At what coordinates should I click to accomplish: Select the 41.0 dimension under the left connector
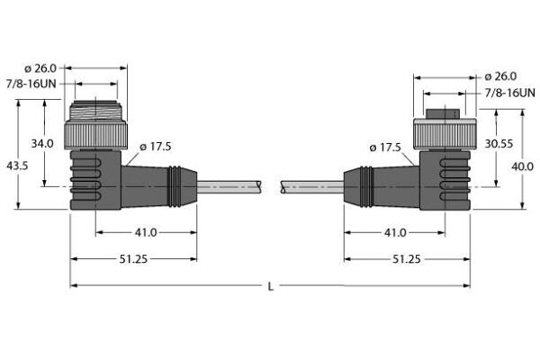(x=145, y=232)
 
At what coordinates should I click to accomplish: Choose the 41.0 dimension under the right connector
(x=394, y=232)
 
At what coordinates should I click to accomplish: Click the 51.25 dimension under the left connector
(x=132, y=258)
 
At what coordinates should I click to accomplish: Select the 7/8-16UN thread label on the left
(x=35, y=84)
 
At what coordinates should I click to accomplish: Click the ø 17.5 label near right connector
(x=387, y=147)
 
